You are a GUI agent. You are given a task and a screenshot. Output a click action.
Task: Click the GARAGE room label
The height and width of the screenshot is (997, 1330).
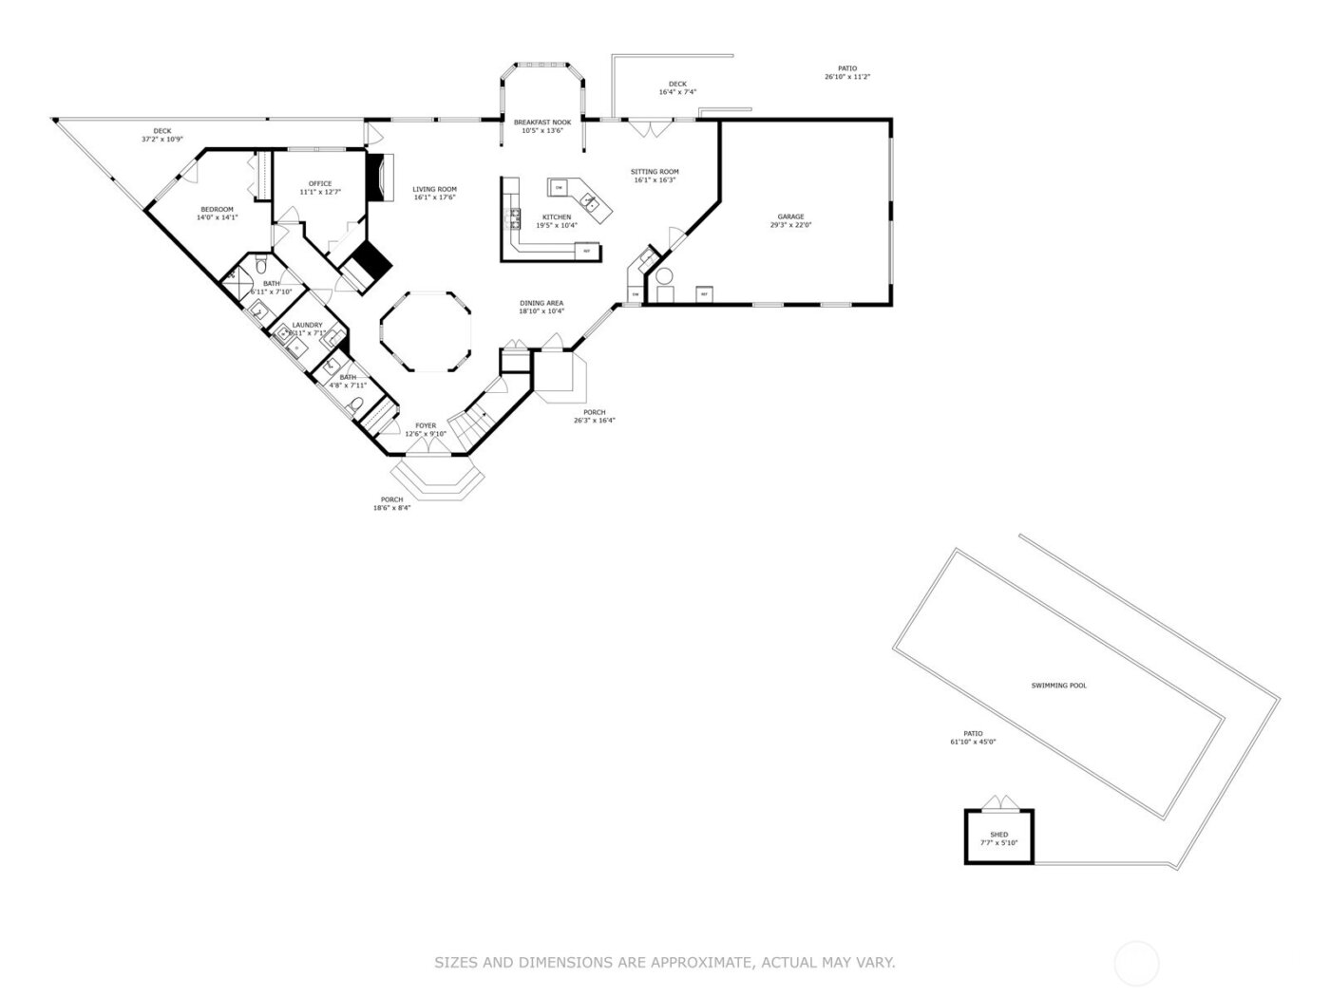click(x=790, y=216)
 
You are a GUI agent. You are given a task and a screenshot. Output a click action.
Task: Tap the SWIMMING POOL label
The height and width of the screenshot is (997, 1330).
click(x=1058, y=685)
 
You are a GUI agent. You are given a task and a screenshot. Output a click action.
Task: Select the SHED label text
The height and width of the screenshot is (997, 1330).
click(x=998, y=835)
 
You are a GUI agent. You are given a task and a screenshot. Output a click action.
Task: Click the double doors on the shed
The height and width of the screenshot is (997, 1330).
click(x=998, y=803)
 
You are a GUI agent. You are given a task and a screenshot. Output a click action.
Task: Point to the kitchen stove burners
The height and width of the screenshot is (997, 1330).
click(x=516, y=218)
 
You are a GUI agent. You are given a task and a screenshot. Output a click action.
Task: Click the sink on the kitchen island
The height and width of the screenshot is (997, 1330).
click(x=589, y=200)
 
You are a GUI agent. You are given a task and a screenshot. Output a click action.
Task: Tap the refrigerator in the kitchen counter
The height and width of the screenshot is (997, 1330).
click(x=587, y=251)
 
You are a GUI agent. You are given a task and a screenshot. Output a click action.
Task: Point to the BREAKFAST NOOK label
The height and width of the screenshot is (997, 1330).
click(x=542, y=122)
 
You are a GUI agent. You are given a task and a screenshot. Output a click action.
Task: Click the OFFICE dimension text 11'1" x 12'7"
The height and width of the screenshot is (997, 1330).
click(x=320, y=192)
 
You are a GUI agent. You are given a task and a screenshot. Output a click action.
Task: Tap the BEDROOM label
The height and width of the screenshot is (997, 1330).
click(x=217, y=209)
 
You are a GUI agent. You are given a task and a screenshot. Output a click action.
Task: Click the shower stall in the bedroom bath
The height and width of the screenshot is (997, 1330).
click(x=234, y=279)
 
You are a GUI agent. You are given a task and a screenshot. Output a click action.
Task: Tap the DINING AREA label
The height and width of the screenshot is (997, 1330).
click(x=541, y=303)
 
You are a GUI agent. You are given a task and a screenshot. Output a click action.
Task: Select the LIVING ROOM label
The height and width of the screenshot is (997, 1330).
click(x=434, y=189)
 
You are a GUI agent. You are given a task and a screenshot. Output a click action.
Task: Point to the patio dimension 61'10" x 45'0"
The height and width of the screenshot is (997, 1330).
click(x=973, y=742)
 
